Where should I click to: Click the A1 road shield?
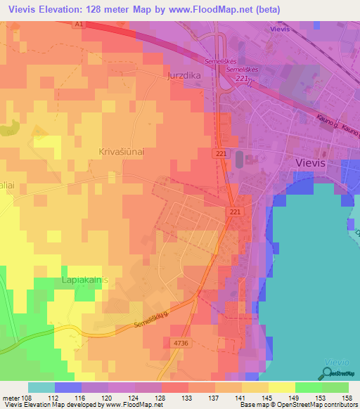(79, 23)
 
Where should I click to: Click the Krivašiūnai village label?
(120, 151)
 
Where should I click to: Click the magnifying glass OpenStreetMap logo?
(326, 373)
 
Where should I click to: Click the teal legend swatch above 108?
(41, 387)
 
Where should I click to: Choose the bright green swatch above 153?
(309, 387)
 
